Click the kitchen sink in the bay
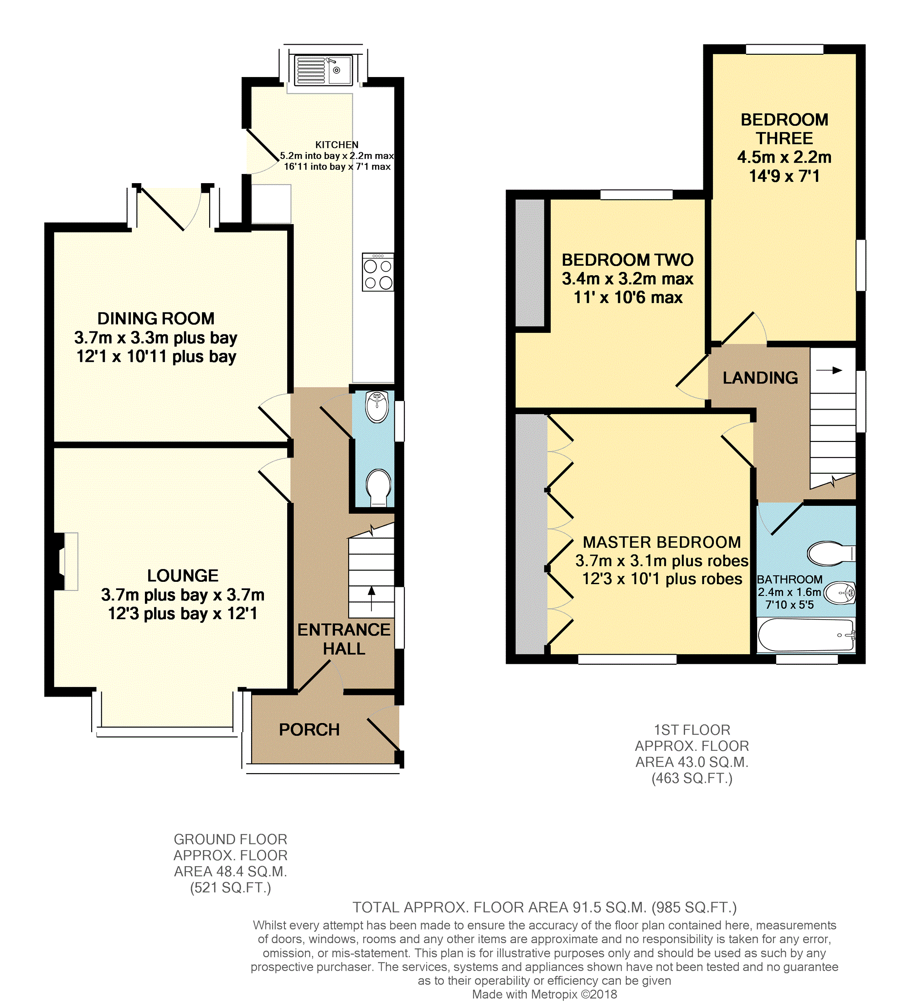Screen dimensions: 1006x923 click(323, 70)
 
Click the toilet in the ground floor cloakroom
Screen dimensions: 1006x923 click(379, 486)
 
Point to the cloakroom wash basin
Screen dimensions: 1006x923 click(377, 406)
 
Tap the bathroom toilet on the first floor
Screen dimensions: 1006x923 click(829, 553)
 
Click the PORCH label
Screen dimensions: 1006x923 click(309, 730)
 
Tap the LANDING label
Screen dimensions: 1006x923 click(760, 378)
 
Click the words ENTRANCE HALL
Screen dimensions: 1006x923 click(344, 639)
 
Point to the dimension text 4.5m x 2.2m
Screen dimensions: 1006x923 click(784, 157)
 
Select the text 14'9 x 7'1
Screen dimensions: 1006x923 click(784, 176)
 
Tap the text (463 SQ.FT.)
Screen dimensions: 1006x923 click(692, 778)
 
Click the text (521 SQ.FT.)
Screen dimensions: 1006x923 click(230, 888)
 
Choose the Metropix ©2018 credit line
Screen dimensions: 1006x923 click(544, 994)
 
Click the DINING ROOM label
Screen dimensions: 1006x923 click(156, 318)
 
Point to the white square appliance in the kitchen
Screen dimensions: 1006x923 click(271, 204)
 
